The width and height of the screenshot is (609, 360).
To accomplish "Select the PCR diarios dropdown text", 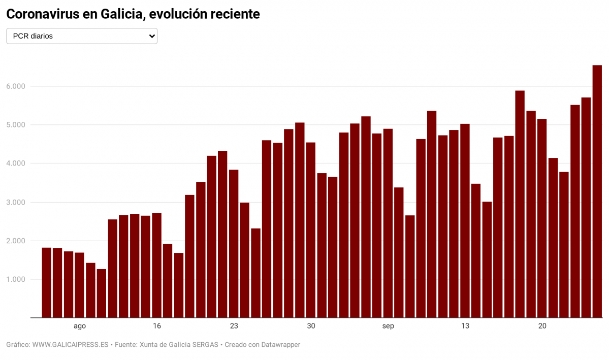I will pyautogui.click(x=33, y=36).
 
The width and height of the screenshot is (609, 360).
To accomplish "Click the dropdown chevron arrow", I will pyautogui.click(x=151, y=36).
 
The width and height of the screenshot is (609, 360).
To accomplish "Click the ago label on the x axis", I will pyautogui.click(x=80, y=326).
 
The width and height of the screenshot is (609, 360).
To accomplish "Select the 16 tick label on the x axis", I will pyautogui.click(x=157, y=326).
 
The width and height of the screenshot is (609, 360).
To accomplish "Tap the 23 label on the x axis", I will pyautogui.click(x=234, y=326).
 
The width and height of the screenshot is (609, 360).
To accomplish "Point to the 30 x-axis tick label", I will pyautogui.click(x=311, y=326).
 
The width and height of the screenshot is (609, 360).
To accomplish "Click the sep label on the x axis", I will pyautogui.click(x=388, y=326).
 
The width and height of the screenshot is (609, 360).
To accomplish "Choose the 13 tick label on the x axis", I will pyautogui.click(x=465, y=326).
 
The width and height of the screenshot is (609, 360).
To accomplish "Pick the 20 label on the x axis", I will pyautogui.click(x=542, y=326).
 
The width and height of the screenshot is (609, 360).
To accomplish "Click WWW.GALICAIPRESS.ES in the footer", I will pyautogui.click(x=70, y=345).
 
